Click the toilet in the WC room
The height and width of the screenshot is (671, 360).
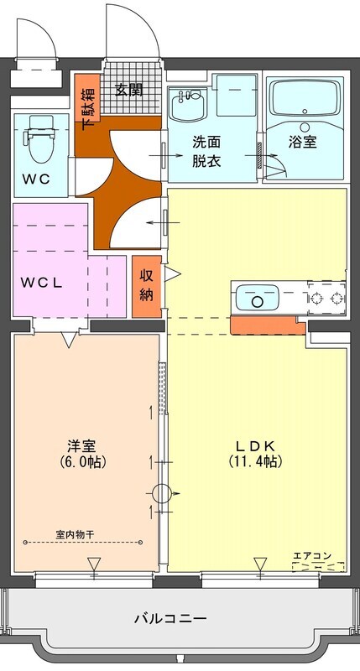[x=40, y=138]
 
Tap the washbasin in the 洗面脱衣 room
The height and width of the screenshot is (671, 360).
[x=188, y=105]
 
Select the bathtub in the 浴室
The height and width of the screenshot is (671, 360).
[x=305, y=97]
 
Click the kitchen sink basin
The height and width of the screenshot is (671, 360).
[x=257, y=298]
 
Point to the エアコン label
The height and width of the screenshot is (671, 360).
[x=312, y=556]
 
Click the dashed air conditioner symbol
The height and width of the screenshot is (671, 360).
[x=319, y=567]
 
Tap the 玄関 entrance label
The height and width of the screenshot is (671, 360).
[x=129, y=90]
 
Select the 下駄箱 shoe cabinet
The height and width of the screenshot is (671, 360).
[x=88, y=97]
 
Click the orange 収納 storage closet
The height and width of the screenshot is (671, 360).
[x=146, y=287]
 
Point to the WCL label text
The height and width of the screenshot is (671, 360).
[x=43, y=283]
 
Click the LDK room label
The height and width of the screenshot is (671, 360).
[x=256, y=446]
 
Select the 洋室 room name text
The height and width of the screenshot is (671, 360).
[x=81, y=446]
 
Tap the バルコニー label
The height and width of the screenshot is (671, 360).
[x=171, y=618]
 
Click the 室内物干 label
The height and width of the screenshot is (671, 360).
[x=75, y=534]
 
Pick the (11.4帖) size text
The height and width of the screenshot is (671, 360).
[x=255, y=461]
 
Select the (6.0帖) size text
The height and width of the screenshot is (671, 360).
[x=81, y=461]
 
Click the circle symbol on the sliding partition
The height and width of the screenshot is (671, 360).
[x=161, y=493]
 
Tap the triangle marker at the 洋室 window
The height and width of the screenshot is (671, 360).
[x=94, y=564]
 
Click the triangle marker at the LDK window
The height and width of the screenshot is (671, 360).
[x=260, y=564]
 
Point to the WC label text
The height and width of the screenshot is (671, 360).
[x=36, y=179]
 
